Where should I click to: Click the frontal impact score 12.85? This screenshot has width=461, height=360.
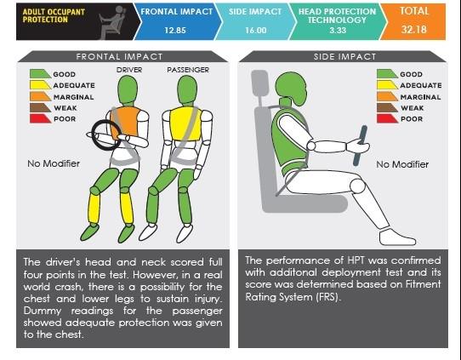pos(175,31)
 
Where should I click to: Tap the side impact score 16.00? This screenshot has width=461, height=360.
pos(256,31)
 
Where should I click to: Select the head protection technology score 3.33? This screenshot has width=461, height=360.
pos(338,31)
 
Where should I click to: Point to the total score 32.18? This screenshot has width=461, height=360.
pos(414,30)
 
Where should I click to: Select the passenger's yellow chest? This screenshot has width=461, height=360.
pos(185,123)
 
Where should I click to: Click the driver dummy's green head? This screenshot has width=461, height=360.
pos(128,89)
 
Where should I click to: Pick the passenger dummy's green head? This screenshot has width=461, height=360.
pos(187,89)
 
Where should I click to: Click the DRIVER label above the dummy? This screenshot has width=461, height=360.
pos(129,70)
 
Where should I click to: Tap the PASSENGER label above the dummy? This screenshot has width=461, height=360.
pos(188,70)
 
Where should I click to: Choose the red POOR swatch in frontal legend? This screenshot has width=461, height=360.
pos(40,118)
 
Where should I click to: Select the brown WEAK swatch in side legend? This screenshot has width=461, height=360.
pos(387,107)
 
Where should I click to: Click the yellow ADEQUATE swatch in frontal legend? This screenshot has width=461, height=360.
pos(40,85)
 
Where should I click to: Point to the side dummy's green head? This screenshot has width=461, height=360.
pos(291,89)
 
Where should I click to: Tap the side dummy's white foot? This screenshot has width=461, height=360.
pos(397,237)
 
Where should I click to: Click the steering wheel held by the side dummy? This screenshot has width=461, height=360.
pos(360,146)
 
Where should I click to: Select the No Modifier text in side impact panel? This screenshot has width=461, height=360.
pos(402,164)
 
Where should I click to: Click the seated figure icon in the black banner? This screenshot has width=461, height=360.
pos(113,22)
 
